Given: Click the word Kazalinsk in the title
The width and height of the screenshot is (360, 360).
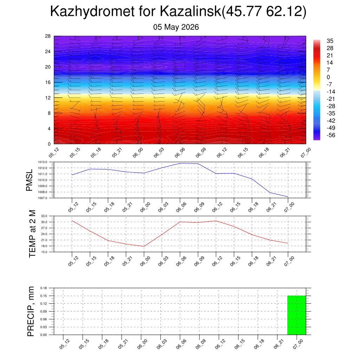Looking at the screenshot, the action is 191,11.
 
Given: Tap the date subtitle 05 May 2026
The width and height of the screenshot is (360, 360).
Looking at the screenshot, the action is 176,27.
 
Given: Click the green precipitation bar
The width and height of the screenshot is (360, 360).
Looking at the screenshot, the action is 297,315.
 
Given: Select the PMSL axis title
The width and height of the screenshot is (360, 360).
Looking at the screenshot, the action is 30,180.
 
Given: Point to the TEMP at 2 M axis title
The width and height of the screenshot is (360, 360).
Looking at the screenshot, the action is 32,234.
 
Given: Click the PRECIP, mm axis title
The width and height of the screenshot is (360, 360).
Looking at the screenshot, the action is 31,311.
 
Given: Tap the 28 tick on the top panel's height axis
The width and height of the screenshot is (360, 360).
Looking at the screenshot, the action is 48,36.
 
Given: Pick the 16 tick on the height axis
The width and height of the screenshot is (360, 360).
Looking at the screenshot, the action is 48,82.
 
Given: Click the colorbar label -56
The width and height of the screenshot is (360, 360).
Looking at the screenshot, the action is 331,135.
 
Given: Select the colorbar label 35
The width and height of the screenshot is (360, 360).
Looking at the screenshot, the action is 330,41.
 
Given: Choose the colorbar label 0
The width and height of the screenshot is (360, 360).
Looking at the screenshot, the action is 328,77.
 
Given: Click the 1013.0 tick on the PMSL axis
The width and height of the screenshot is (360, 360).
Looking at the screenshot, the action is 43,162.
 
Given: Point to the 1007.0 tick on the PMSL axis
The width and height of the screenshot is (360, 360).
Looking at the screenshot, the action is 43,198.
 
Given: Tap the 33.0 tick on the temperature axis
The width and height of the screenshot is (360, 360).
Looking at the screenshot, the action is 44,216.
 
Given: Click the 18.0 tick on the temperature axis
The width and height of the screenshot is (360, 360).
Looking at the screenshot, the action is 44,246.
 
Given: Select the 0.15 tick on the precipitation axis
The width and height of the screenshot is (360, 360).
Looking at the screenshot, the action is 44,296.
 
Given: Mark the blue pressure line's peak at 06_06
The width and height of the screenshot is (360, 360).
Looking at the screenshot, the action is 180,163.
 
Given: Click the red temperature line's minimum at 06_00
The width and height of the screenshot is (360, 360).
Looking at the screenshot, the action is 144,246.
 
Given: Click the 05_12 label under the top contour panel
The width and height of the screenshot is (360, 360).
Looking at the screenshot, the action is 54,153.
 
